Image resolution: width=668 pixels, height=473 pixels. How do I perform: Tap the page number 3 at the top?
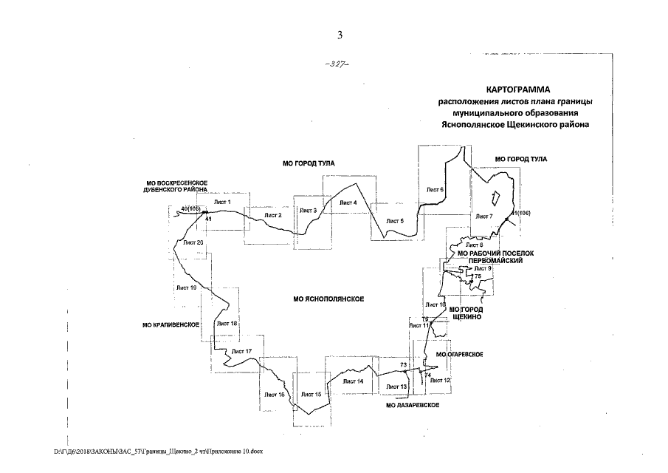[x=340, y=34]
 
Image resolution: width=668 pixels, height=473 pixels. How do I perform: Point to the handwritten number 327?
[x=337, y=64]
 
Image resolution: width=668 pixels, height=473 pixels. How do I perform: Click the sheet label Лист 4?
[x=348, y=203]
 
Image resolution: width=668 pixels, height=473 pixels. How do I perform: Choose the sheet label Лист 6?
[x=435, y=190]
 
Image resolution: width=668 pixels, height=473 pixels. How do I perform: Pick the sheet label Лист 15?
[x=312, y=395]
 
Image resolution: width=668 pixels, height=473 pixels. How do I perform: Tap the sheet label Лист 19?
[x=187, y=287]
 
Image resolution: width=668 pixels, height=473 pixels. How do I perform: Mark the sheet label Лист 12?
[x=441, y=380]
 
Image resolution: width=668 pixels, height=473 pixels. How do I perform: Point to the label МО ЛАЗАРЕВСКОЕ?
[x=413, y=406]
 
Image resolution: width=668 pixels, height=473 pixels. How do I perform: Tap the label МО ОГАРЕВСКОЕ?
[x=459, y=355]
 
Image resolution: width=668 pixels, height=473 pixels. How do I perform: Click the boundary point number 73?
[x=404, y=365]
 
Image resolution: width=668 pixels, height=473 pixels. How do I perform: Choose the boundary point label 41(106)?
[x=521, y=214]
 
